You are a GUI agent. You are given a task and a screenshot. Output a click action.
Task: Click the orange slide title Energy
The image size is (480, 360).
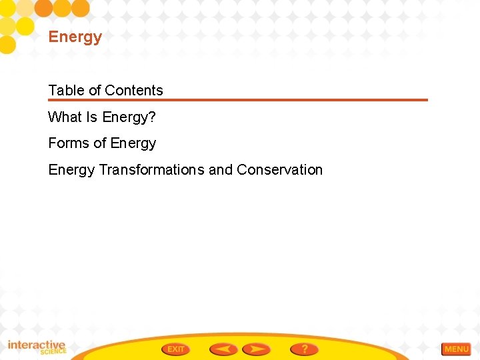[75, 37]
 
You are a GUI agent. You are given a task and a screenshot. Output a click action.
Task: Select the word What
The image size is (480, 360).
[64, 117]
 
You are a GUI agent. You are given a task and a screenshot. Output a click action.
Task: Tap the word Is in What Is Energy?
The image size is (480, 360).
[91, 117]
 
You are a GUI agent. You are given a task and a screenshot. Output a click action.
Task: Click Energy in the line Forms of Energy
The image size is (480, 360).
[133, 143]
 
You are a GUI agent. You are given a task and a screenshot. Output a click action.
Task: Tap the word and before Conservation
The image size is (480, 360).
[221, 170]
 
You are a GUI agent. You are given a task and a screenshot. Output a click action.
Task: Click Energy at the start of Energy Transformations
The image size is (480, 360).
[71, 170]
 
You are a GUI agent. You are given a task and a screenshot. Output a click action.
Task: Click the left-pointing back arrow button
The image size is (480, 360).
[223, 349]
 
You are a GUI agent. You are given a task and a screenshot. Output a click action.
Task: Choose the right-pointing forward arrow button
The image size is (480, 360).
[256, 349]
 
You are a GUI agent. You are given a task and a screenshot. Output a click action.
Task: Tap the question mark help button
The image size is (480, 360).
[304, 349]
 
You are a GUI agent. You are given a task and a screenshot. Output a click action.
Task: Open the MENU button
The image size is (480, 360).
[456, 349]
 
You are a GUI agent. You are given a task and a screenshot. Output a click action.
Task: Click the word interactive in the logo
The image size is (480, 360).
[36, 345]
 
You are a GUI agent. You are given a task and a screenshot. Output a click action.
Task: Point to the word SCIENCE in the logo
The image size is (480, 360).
[53, 351]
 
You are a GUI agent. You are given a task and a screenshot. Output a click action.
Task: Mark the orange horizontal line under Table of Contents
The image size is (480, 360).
[237, 100]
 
